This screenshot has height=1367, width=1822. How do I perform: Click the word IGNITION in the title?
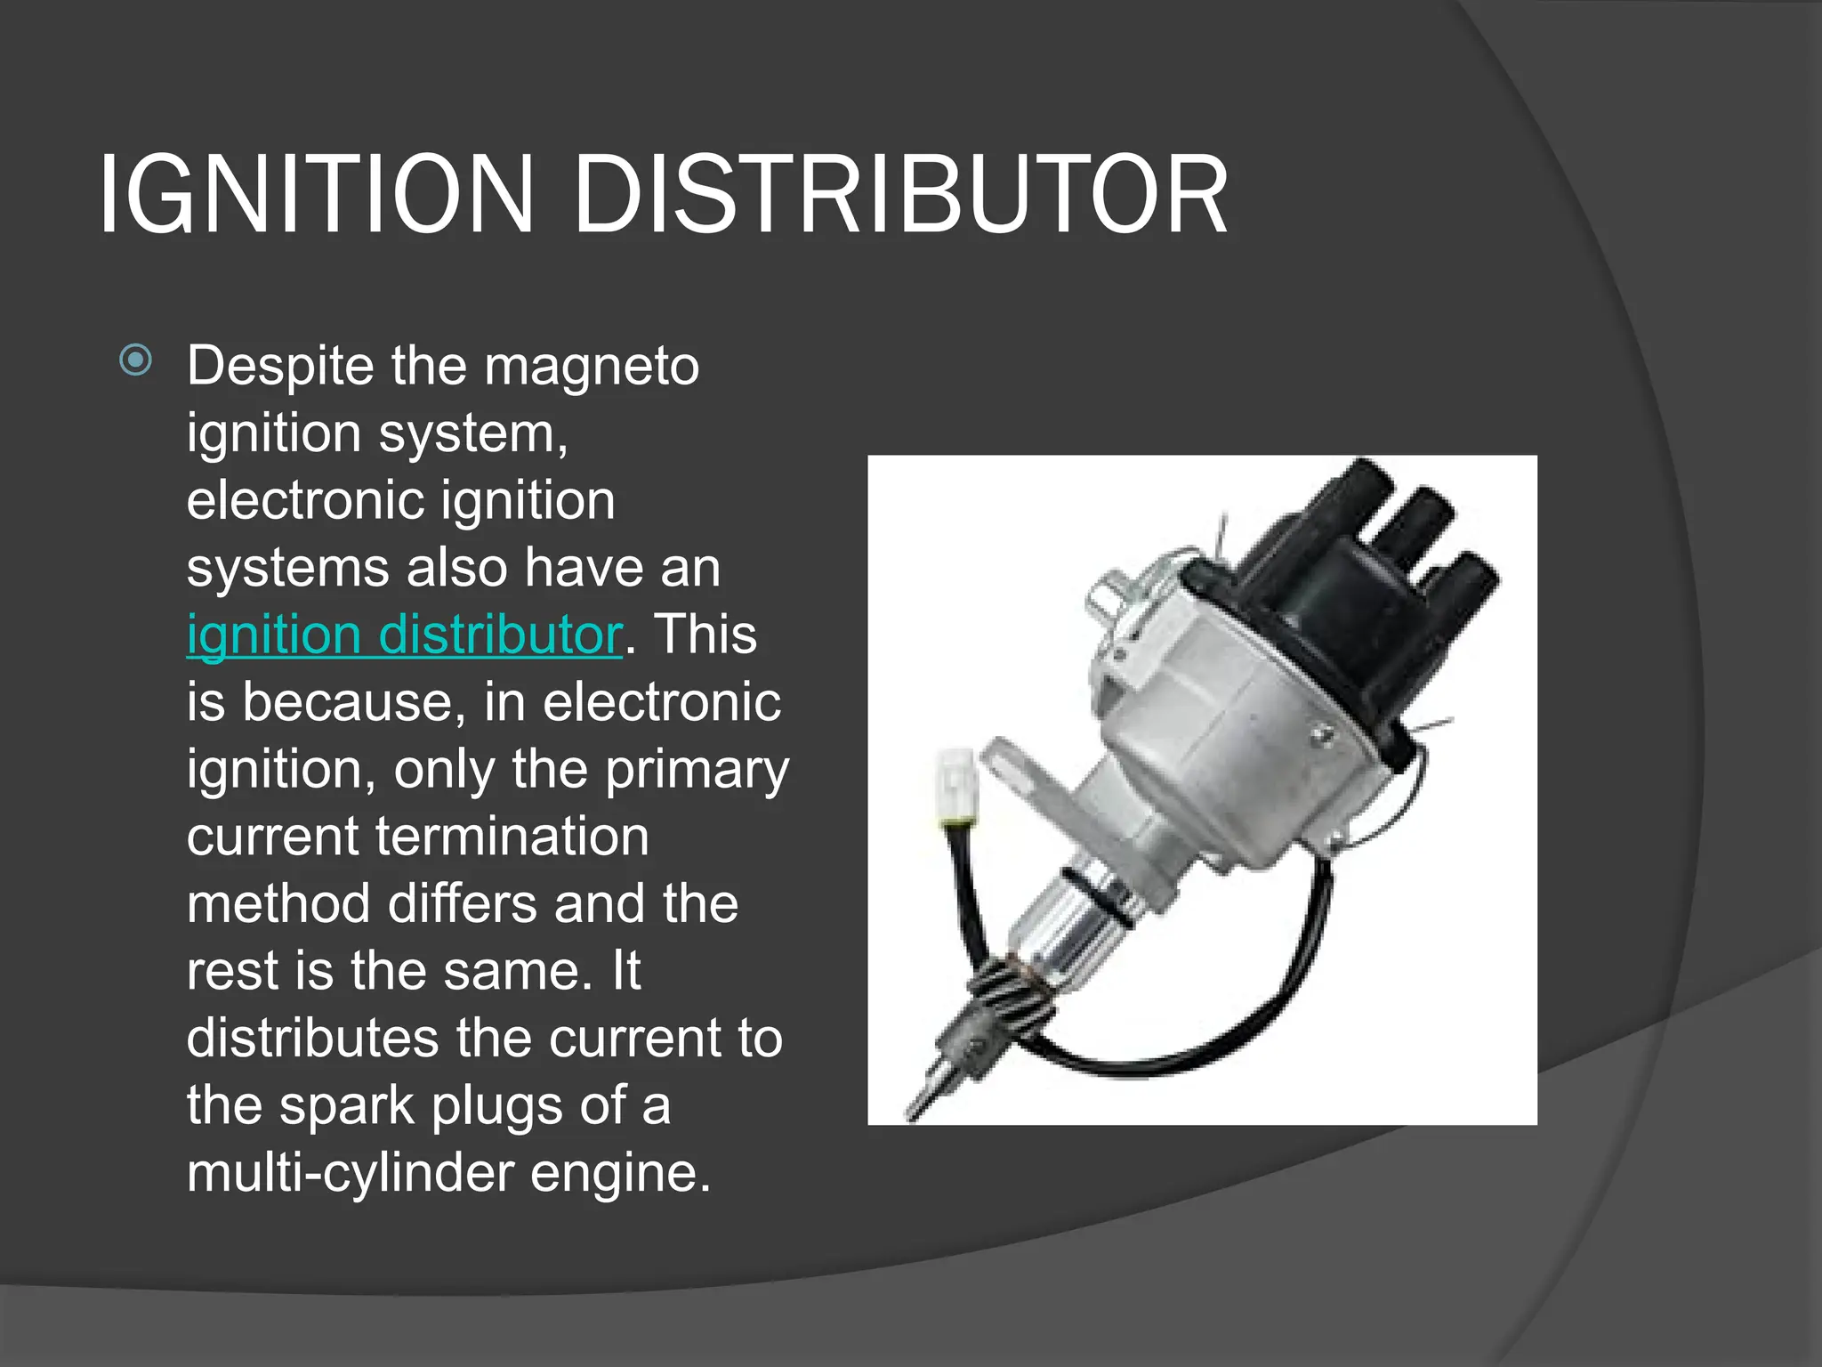pyautogui.click(x=316, y=194)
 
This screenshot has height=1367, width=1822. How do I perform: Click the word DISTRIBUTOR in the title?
pyautogui.click(x=900, y=194)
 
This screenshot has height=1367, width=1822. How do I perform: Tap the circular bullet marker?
pyautogui.click(x=135, y=360)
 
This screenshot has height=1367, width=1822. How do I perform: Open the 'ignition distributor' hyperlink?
pyautogui.click(x=403, y=635)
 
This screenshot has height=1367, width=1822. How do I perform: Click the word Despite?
pyautogui.click(x=280, y=366)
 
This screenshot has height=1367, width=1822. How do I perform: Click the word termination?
pyautogui.click(x=512, y=837)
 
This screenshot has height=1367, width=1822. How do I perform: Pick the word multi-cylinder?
pyautogui.click(x=350, y=1172)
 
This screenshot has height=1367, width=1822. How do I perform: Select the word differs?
pyautogui.click(x=464, y=903)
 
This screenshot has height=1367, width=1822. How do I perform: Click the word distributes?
pyautogui.click(x=312, y=1038)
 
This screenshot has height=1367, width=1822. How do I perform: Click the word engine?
pyautogui.click(x=620, y=1172)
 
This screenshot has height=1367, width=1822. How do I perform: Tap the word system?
pyautogui.click(x=472, y=433)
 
